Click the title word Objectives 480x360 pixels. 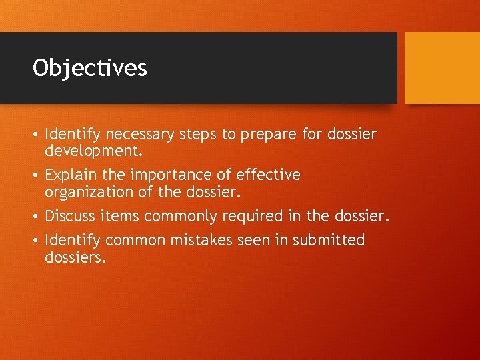(90, 68)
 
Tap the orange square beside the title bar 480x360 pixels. (442, 68)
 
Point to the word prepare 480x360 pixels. (269, 135)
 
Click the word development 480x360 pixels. (93, 151)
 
